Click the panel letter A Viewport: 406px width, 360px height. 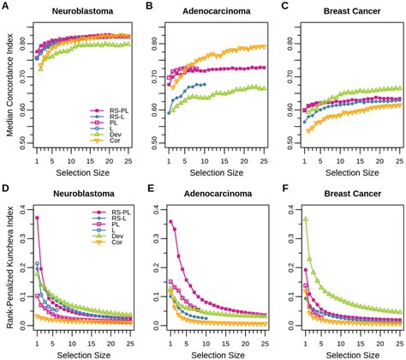[6, 6]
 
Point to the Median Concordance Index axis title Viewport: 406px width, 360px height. [8, 86]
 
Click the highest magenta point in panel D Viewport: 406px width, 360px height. [38, 218]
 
